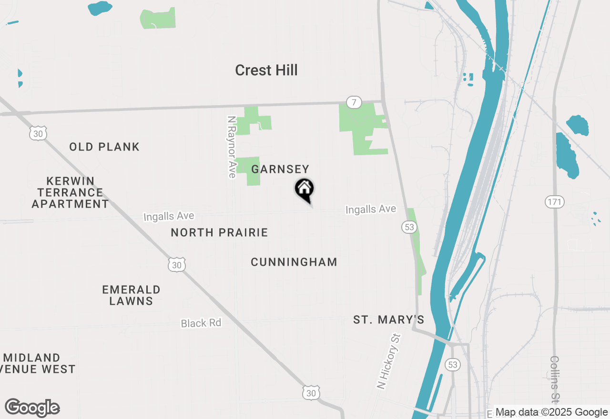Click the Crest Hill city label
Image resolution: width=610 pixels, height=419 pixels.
266,70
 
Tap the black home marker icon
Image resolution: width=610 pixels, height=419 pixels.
305,189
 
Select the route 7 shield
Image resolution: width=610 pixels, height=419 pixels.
353,102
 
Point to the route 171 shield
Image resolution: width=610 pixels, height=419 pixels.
555,202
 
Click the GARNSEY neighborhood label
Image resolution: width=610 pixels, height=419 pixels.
280,169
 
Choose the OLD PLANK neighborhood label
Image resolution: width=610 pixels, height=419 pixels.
104,147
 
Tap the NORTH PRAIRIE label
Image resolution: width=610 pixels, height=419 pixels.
219,232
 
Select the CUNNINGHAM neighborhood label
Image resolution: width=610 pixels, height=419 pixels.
294,262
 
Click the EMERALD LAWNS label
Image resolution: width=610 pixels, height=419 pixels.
131,295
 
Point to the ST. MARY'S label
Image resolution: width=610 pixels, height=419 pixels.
389,320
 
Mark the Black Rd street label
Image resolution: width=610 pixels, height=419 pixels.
201,323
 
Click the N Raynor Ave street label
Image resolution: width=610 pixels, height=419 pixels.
232,147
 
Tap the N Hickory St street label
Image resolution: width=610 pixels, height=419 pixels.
389,361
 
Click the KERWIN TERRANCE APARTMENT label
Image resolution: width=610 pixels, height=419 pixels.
71,192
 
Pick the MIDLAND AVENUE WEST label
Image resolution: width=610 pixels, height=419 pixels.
38,363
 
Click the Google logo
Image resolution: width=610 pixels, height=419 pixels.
32,408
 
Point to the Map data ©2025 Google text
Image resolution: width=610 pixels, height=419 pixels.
551,412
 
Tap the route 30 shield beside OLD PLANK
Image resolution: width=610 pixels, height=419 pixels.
38,134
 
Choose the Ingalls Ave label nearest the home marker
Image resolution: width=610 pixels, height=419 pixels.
371,209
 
